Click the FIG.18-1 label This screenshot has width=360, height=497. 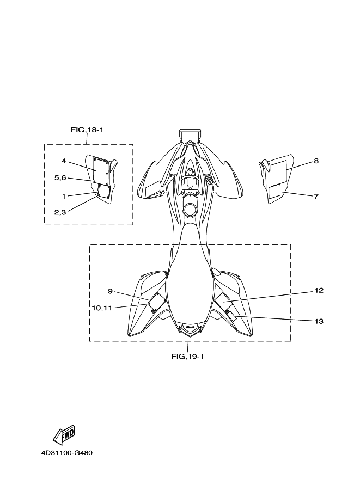pos(87,130)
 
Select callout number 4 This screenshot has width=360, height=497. pos(64,161)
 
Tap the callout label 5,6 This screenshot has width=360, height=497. pos(60,177)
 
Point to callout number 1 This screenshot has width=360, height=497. pos(64,196)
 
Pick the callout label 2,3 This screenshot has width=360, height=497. pos(60,212)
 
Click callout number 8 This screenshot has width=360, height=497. pos(316,161)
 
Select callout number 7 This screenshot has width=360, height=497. pos(316,196)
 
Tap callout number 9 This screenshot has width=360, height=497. pos(110,291)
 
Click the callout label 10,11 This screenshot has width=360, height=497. pos(102,308)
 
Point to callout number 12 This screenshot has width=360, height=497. pos(319,291)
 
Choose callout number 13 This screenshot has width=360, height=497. pos(319,321)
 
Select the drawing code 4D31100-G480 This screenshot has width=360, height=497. pos(66,453)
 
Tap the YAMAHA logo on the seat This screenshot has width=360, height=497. pos(188,328)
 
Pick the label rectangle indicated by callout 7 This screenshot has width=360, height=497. pos(275,191)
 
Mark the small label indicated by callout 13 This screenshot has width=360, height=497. pos(231,316)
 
